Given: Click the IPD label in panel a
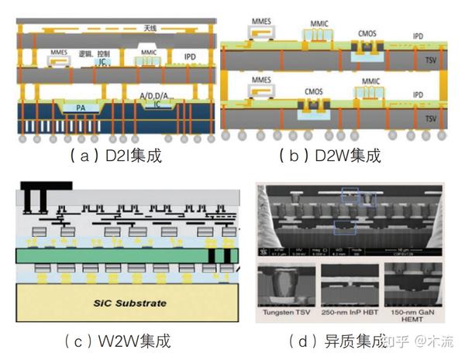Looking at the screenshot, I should coord(189,57).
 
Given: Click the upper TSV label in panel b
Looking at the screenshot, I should coord(418,59).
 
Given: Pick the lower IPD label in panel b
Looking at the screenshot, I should coord(418,94).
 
